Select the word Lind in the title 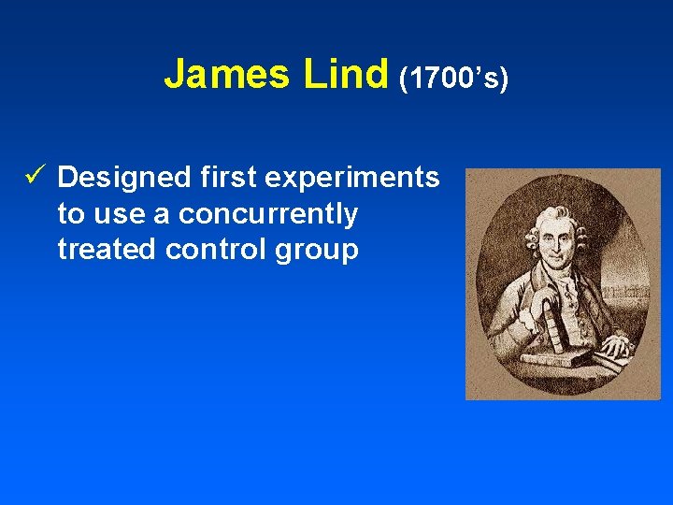[345, 74]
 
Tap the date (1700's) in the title [453, 79]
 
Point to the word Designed [124, 179]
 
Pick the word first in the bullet [228, 178]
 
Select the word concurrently [268, 215]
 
